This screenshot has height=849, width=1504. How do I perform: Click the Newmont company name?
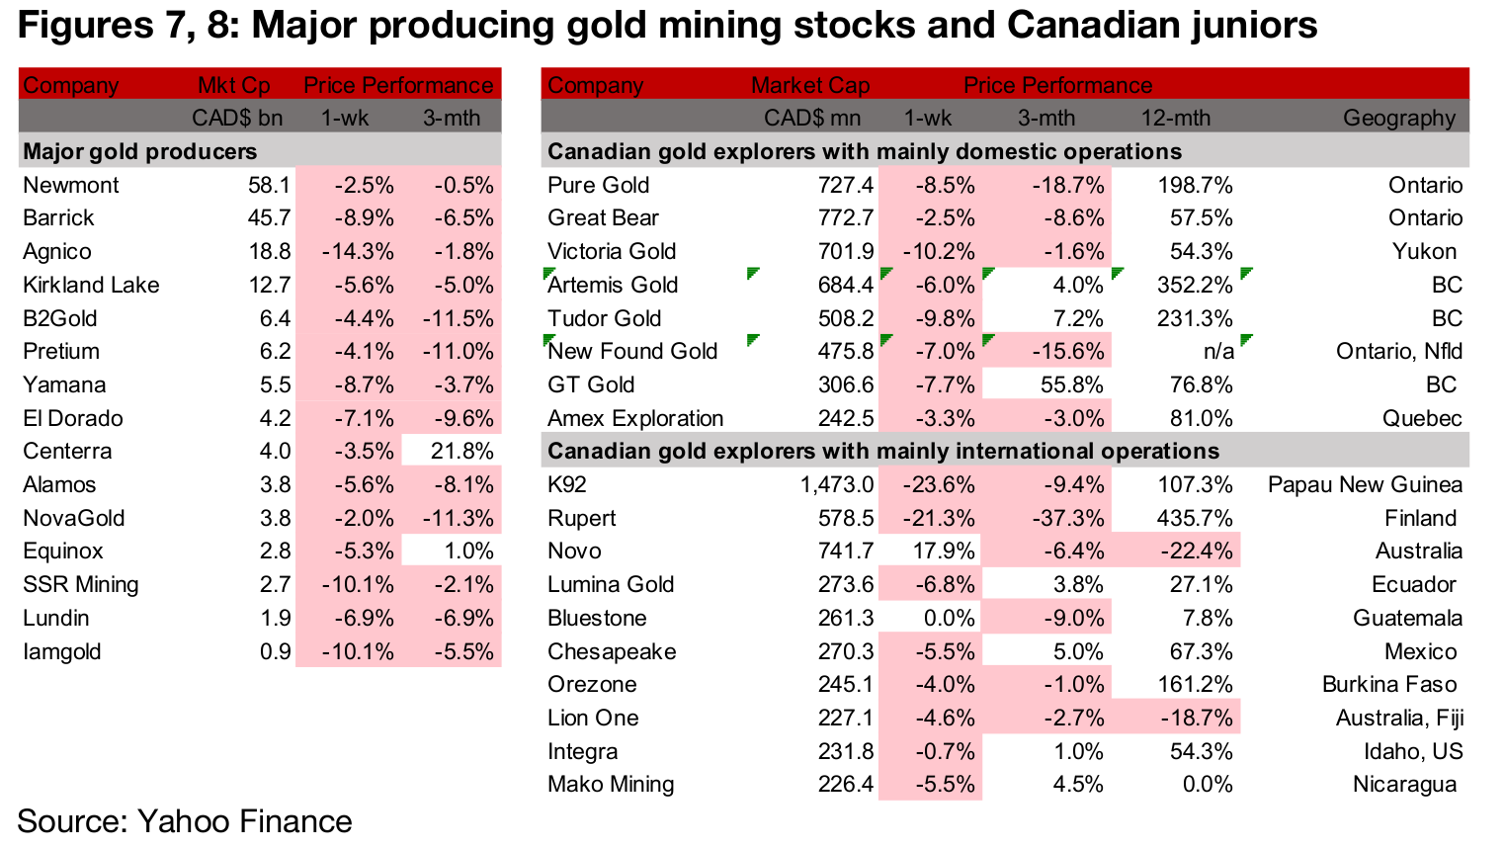pos(70,185)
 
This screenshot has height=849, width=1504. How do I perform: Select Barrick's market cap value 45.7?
pos(269,218)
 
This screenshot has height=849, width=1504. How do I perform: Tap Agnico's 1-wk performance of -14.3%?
pos(358,252)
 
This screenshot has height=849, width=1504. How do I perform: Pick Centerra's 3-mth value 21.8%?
pos(461,452)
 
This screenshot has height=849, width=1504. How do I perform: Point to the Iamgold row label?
pos(61,652)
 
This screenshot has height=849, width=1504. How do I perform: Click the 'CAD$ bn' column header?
pos(236,119)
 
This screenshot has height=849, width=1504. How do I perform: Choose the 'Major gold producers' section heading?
pos(139,151)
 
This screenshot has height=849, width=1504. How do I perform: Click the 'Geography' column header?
pos(1398,119)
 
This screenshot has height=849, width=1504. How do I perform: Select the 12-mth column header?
pos(1175,119)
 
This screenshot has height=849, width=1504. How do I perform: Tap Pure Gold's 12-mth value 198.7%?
pos(1195,185)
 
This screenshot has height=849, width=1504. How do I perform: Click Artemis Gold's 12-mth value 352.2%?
pos(1195,286)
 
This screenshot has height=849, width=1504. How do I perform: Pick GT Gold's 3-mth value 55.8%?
pos(1071,385)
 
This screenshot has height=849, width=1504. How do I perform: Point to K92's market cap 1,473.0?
pos(836,485)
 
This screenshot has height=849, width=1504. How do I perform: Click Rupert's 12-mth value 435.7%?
pos(1195,519)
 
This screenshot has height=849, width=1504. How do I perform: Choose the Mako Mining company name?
pos(611,785)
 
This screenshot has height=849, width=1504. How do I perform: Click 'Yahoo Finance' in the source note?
pos(244,821)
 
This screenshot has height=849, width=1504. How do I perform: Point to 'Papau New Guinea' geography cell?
pos(1365,485)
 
